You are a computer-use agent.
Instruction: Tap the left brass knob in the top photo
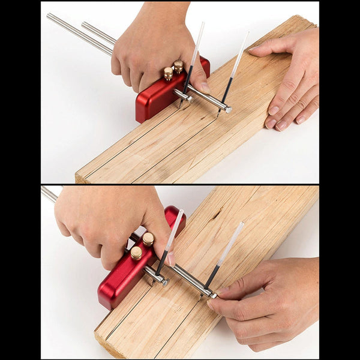[x=169, y=73]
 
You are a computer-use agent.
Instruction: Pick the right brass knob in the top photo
[x=179, y=66]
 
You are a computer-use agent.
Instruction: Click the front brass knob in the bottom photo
[x=136, y=253]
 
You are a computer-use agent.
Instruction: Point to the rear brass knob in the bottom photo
[x=148, y=239]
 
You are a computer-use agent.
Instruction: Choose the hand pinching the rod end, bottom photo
[x=264, y=300]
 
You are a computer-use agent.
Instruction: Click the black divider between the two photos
[x=180, y=184]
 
